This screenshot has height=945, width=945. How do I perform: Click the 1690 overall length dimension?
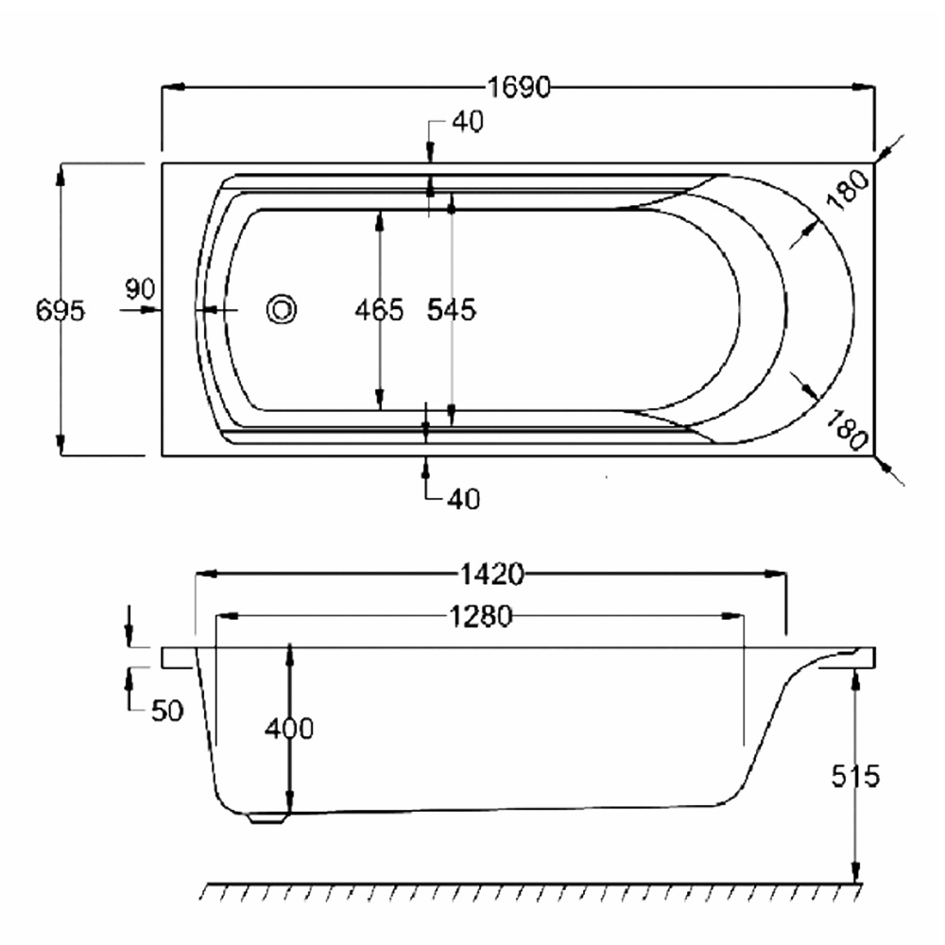point(518,87)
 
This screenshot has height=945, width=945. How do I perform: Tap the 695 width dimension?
point(60,311)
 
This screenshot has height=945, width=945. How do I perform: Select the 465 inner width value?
point(379,310)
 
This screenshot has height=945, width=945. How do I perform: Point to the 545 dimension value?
point(452,310)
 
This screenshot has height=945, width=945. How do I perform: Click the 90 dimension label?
point(140,289)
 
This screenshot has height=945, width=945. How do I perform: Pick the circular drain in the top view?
point(282,310)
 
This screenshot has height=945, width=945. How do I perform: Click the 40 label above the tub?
point(468,122)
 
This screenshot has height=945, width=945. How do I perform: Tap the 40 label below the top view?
point(463,499)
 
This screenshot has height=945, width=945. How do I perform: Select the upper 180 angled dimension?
point(849,189)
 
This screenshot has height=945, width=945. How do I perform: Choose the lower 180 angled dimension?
point(848,430)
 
